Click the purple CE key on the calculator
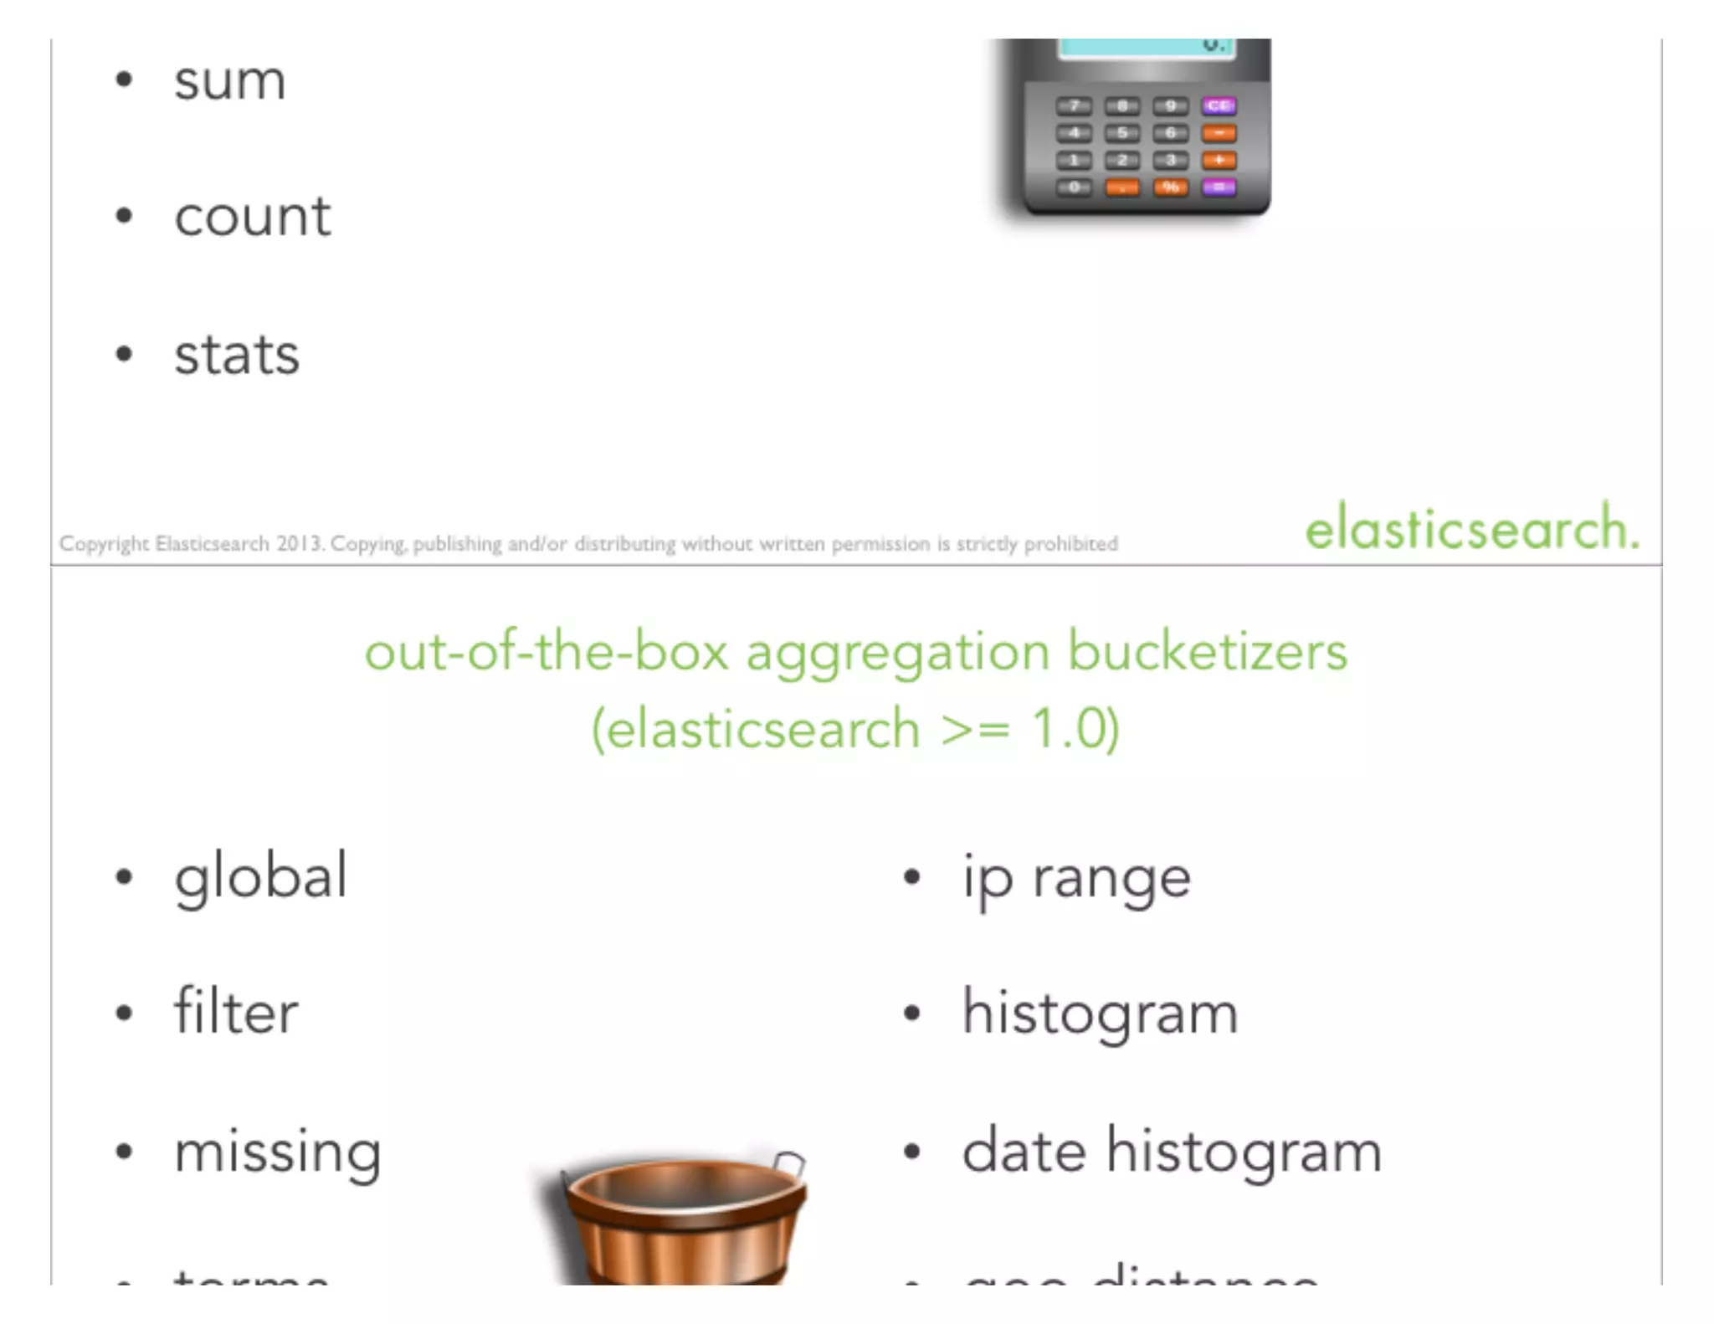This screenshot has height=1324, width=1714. tap(1219, 105)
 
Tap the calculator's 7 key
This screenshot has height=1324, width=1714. tap(1074, 105)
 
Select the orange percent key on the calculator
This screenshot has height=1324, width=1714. tap(1171, 187)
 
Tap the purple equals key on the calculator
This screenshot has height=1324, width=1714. tap(1219, 187)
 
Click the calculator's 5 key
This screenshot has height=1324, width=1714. tap(1122, 132)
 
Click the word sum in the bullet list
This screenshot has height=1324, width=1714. tap(229, 81)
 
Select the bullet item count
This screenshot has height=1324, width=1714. tap(252, 217)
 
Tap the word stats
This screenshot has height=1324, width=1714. tap(237, 355)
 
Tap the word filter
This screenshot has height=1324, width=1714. tap(236, 1012)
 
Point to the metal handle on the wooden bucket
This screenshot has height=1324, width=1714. tap(789, 1162)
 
